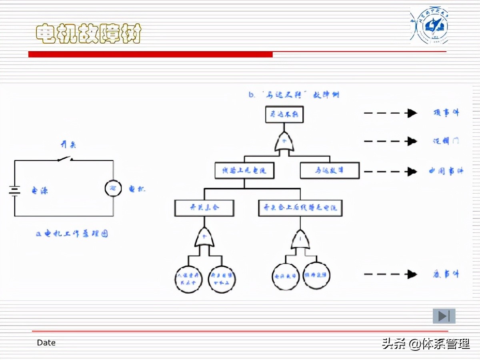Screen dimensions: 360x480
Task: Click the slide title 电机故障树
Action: pos(89,34)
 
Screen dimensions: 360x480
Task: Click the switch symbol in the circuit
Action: pos(65,159)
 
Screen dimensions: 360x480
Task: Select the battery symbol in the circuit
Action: pos(15,191)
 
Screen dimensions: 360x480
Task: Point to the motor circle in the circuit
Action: pos(113,188)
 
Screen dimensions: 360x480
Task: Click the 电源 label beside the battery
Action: pos(40,191)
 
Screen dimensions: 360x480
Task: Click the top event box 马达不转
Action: pos(284,114)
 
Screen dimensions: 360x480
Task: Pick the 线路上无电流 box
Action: pos(244,170)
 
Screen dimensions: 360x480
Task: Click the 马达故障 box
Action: pos(330,170)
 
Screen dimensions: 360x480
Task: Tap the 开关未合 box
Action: pos(204,208)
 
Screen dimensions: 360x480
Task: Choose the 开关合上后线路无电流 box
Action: pos(300,208)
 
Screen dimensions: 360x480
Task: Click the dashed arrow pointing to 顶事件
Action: pos(390,113)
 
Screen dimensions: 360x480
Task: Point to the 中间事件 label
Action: pos(446,171)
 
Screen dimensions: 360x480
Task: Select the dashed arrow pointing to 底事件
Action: pos(390,274)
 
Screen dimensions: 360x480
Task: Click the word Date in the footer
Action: pos(46,343)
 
